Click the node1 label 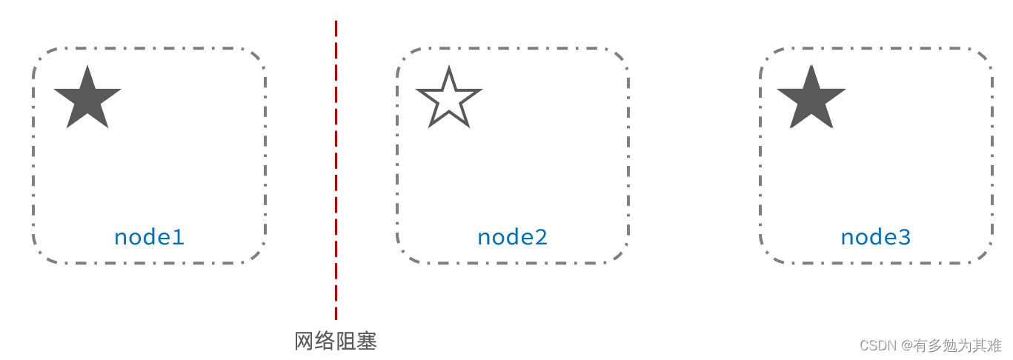[149, 238]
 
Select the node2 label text [512, 238]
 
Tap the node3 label [875, 238]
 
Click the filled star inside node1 [87, 99]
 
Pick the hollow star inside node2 [449, 100]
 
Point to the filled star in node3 [811, 99]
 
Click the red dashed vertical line [336, 170]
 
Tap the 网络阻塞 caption [336, 341]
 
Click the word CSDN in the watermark [877, 346]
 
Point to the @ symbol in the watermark [906, 346]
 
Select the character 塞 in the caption [368, 341]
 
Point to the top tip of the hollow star [449, 68]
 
